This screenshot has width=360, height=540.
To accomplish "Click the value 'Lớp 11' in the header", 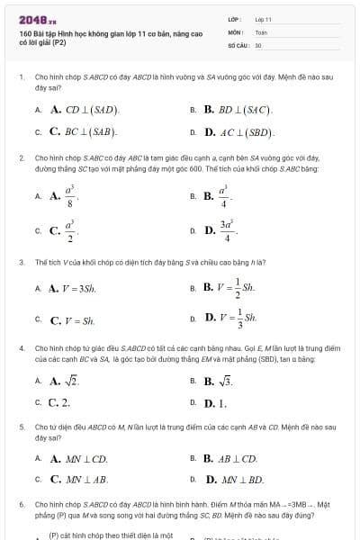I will [263, 19].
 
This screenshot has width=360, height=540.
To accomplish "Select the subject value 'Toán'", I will [261, 31].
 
